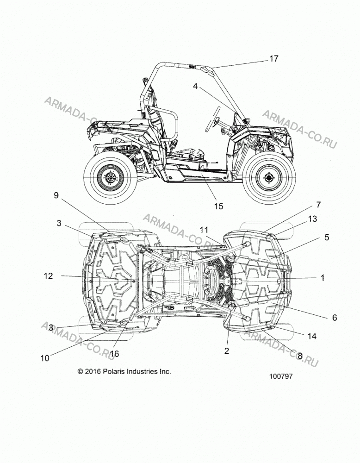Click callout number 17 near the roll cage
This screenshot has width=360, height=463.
(x=274, y=59)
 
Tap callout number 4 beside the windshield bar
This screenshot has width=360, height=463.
(x=195, y=86)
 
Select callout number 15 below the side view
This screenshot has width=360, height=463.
(x=219, y=206)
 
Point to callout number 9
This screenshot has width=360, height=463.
(x=56, y=195)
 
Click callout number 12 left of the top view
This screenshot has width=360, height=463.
(x=49, y=276)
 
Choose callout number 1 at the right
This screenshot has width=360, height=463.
(x=323, y=277)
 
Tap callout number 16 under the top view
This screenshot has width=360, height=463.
(x=114, y=353)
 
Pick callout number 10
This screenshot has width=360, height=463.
(x=45, y=358)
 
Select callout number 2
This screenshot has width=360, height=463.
(x=227, y=351)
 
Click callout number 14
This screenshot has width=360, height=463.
(x=312, y=336)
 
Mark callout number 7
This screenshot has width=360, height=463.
(x=318, y=205)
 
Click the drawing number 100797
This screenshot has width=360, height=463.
(x=281, y=376)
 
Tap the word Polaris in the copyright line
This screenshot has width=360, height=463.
(x=114, y=371)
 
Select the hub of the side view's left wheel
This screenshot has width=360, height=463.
(x=111, y=178)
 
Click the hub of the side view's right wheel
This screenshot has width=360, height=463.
(x=269, y=178)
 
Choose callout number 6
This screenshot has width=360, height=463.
(x=335, y=318)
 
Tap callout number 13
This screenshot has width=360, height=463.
(x=312, y=219)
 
